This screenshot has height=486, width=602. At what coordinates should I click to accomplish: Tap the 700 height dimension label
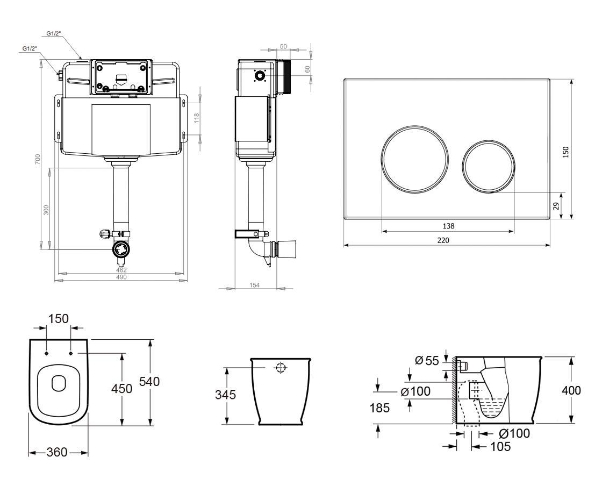pyautogui.click(x=37, y=159)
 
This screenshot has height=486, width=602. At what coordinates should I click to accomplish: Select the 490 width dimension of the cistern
pyautogui.click(x=121, y=277)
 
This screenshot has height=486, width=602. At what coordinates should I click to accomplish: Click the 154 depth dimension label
pyautogui.click(x=255, y=285)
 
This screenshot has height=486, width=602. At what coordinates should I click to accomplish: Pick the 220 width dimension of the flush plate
pyautogui.click(x=443, y=240)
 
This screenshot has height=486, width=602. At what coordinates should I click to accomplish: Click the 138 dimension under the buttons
pyautogui.click(x=448, y=226)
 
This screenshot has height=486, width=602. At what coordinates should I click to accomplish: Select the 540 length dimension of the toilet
pyautogui.click(x=149, y=382)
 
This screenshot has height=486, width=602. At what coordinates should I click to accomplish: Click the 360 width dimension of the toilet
pyautogui.click(x=57, y=452)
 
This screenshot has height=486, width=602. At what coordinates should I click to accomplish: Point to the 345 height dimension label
pyautogui.click(x=225, y=395)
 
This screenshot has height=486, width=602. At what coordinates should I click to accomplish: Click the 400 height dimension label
pyautogui.click(x=571, y=390)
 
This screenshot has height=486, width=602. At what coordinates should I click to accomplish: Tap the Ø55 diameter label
pyautogui.click(x=427, y=361)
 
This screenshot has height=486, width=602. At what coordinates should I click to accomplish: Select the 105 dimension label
pyautogui.click(x=500, y=446)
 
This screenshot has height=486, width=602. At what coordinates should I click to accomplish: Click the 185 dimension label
pyautogui.click(x=379, y=408)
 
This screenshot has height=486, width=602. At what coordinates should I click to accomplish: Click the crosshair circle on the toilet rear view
pyautogui.click(x=281, y=368)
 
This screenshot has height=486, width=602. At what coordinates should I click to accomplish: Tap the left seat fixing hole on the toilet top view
pyautogui.click(x=46, y=353)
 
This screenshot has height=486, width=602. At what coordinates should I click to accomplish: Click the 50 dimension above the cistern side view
pyautogui.click(x=283, y=46)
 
